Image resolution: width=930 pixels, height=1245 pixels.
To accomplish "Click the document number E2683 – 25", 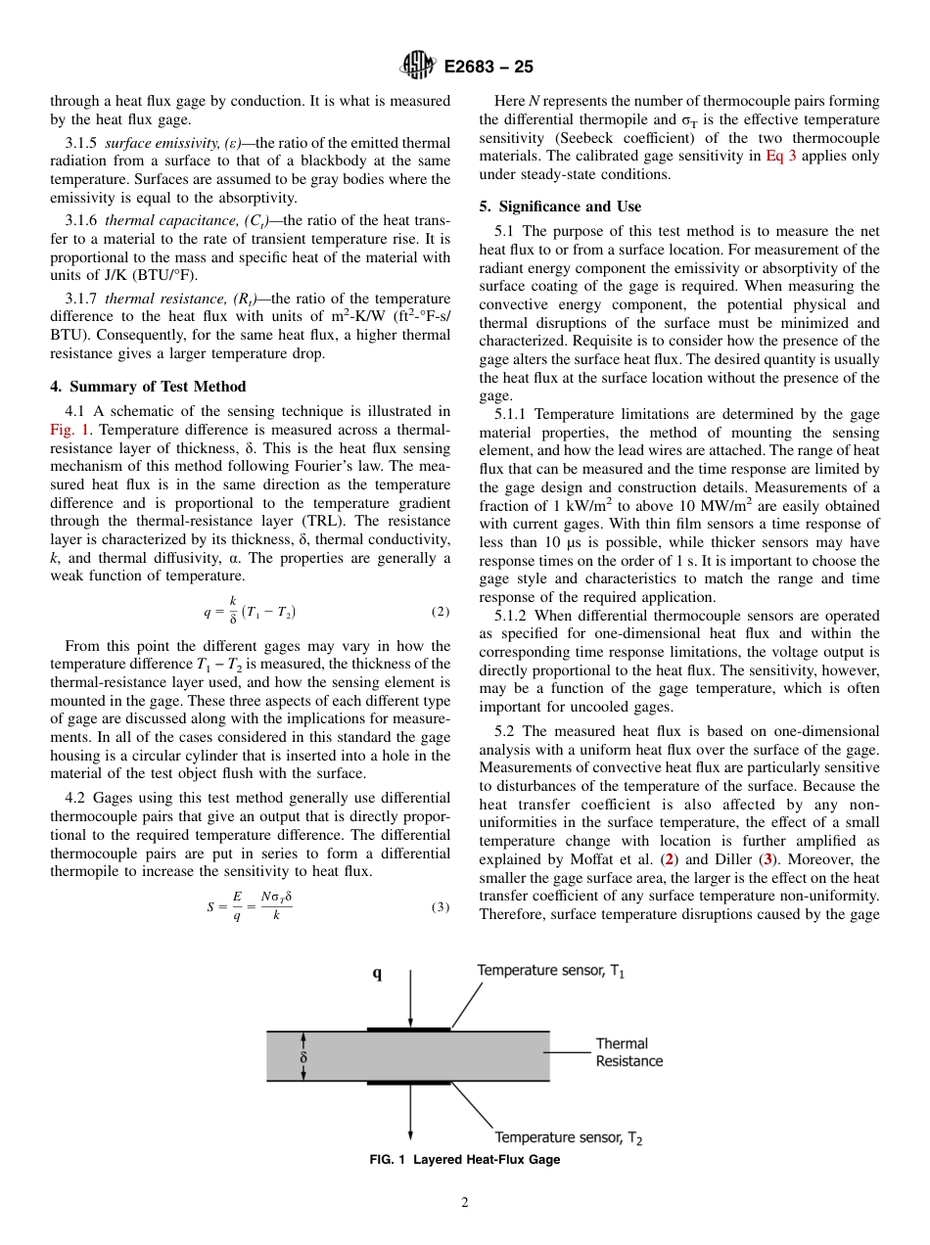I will point(488,68).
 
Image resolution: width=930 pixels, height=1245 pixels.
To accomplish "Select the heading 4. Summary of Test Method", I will point(148,386).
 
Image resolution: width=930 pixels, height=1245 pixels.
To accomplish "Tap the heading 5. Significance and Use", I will point(560,207).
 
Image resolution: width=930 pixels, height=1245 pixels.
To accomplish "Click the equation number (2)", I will point(440,612).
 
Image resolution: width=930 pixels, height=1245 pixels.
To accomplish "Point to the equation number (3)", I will point(440,906).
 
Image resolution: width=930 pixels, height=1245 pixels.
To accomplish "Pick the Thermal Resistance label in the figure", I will point(628,1052).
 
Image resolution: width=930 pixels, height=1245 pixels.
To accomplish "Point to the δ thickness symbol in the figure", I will point(303,1057).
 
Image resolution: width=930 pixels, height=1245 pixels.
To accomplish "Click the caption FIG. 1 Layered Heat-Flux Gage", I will point(464,1160).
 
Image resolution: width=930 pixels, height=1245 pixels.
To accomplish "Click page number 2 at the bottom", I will point(464,1203).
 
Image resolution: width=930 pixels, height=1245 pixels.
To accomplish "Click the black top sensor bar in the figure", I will point(408,1029).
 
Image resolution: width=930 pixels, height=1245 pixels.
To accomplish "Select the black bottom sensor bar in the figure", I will point(408,1083).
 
